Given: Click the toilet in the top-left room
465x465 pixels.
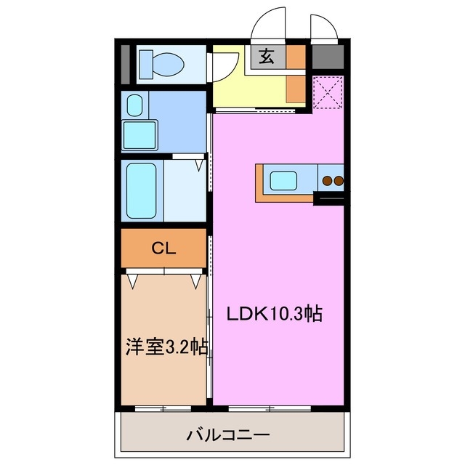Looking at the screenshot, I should (x=161, y=64).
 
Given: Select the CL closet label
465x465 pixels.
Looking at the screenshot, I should (x=163, y=248).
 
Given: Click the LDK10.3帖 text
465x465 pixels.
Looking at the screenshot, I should (x=275, y=314).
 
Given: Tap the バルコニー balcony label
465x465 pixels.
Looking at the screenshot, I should (x=228, y=436).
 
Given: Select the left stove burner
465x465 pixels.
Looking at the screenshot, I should (x=328, y=179).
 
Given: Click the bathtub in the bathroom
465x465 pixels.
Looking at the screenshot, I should (x=141, y=192).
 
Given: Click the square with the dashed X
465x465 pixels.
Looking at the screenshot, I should (x=328, y=92).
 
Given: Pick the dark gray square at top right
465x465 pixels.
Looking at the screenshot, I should (x=328, y=57).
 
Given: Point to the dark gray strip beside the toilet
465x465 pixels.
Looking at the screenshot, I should (x=125, y=64).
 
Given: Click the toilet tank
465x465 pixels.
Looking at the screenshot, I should (x=142, y=64).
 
